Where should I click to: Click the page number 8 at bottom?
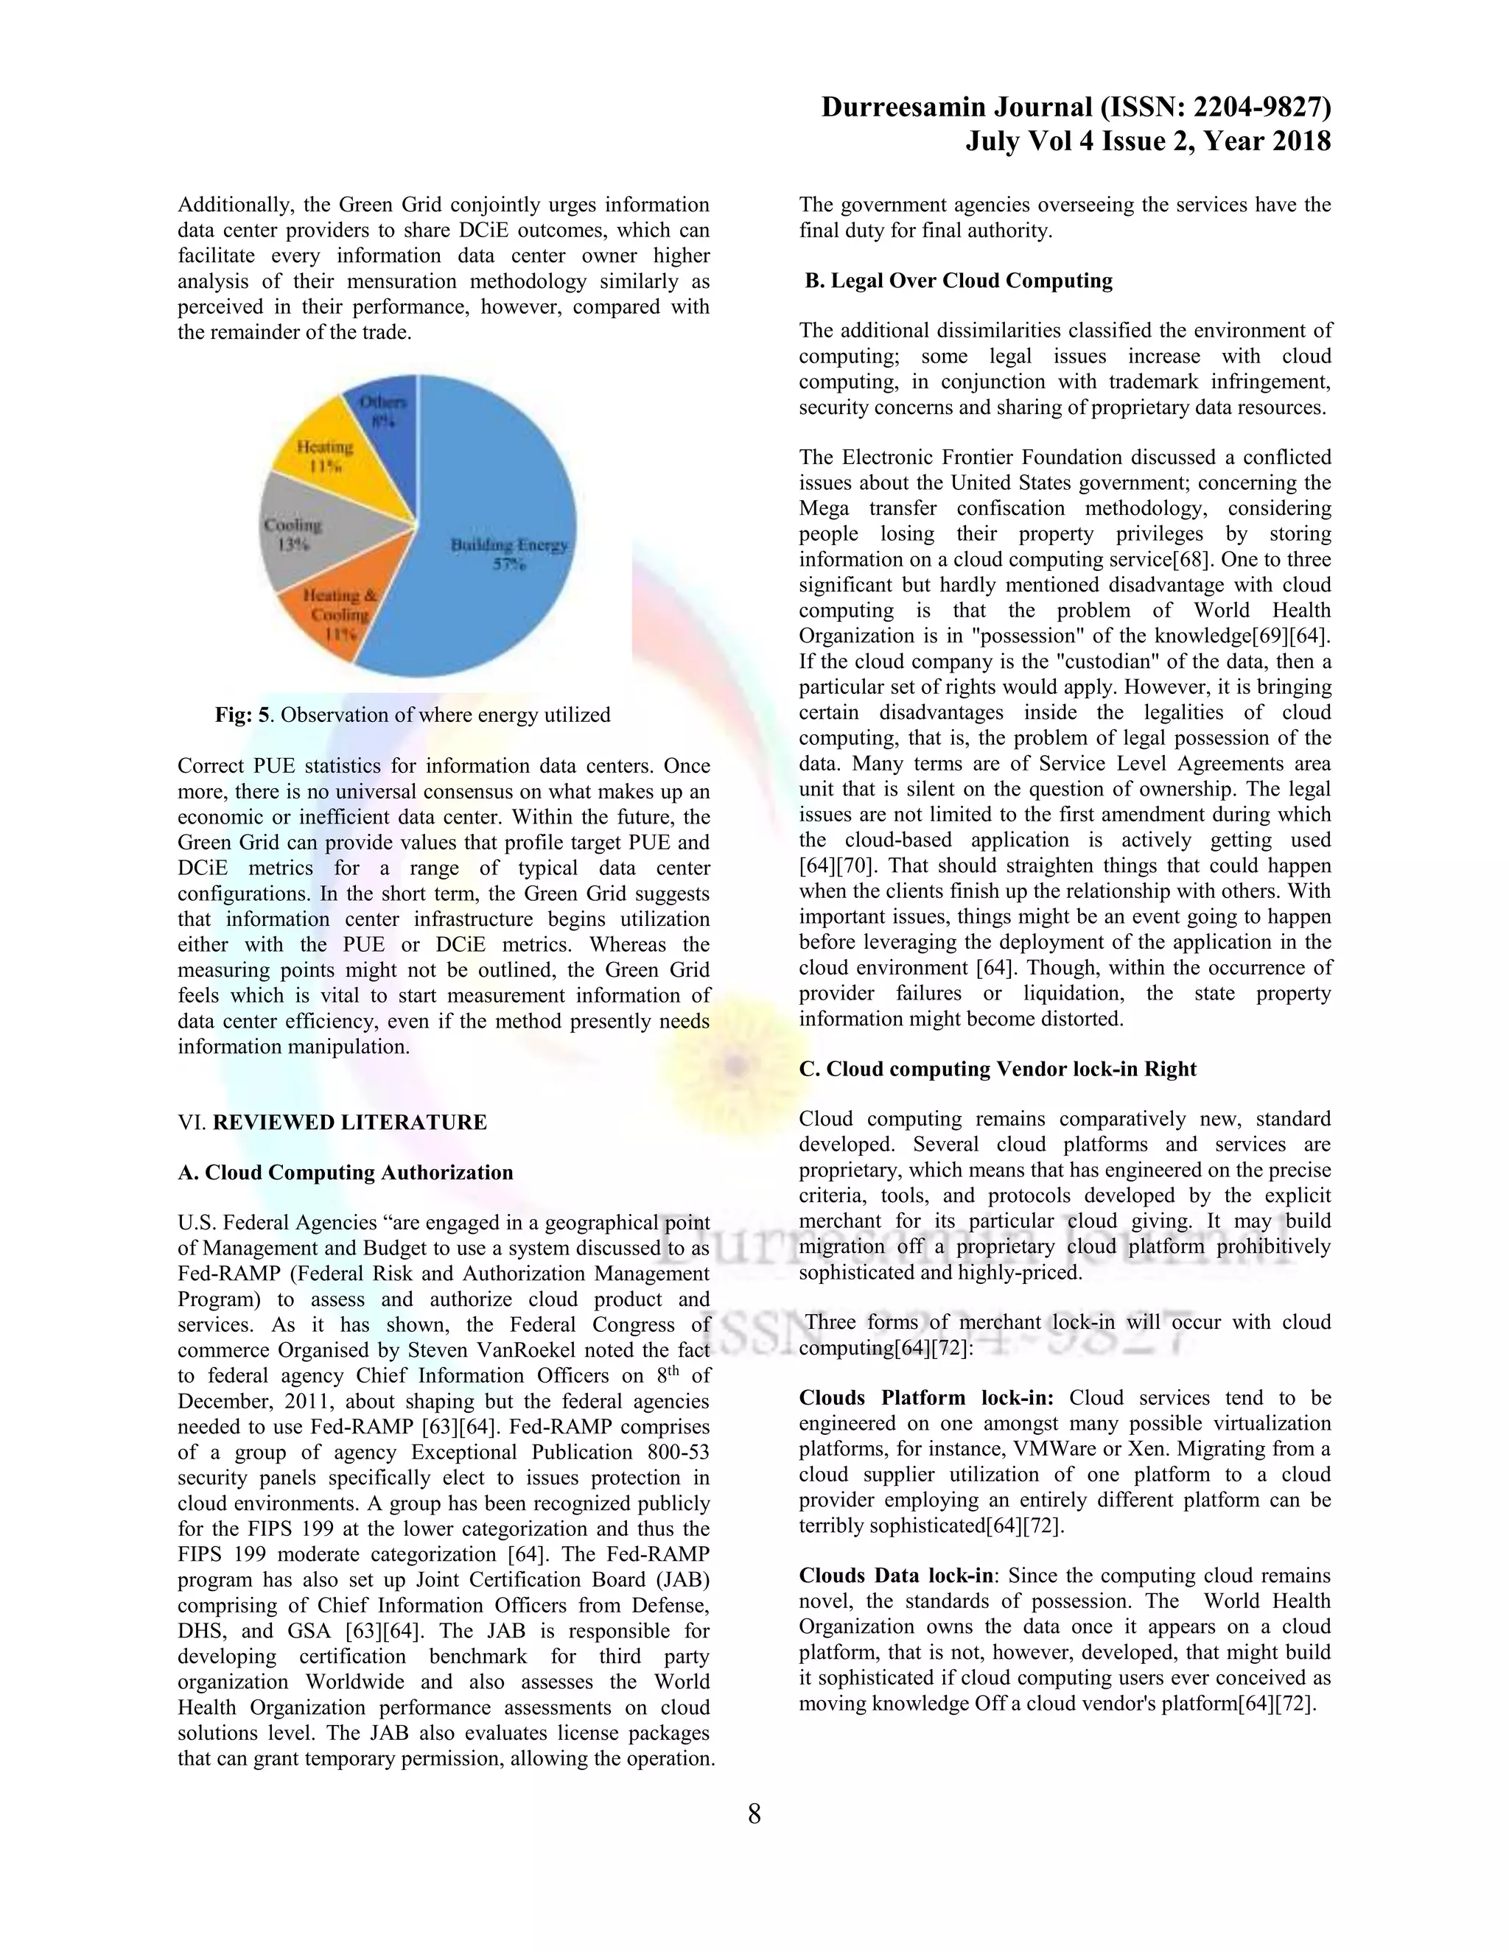[754, 1814]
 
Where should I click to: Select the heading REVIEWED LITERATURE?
[349, 1122]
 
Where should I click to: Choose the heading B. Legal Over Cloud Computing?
[959, 281]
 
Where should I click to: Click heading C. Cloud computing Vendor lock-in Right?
[997, 1069]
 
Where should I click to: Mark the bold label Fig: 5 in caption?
[242, 715]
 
